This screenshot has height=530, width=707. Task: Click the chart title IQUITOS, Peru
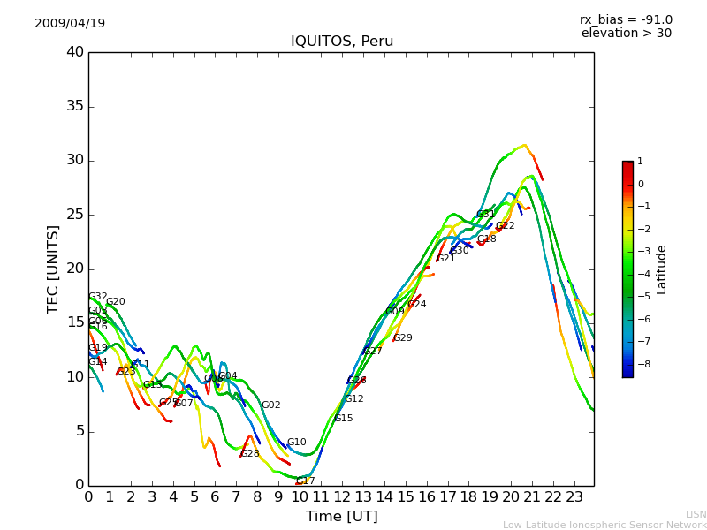point(342,42)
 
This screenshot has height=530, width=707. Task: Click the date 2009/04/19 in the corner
point(70,23)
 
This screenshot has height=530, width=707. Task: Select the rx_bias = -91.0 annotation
point(626,19)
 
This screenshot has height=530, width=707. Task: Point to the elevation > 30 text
point(626,34)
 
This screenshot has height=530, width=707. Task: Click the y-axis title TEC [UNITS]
point(53,269)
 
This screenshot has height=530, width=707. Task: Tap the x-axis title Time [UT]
point(341,517)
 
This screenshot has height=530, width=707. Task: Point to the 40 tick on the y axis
point(75,52)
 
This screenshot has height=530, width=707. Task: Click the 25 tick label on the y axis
point(75,215)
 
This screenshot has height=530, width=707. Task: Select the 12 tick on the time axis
point(342,496)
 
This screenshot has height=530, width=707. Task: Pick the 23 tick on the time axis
point(574,496)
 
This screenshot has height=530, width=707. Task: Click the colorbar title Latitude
point(662,269)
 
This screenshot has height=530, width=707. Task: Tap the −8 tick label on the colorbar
point(641,363)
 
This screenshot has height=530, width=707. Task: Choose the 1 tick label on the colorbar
point(640,162)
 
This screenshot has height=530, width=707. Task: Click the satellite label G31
point(486,215)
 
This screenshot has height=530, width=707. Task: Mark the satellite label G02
point(271,405)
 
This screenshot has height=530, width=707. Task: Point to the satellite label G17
point(306,481)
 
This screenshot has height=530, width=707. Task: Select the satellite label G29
point(403,338)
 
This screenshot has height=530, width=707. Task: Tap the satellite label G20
point(116,302)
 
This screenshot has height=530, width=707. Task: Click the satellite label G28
point(250,454)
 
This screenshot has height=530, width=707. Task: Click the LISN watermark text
point(696,514)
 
